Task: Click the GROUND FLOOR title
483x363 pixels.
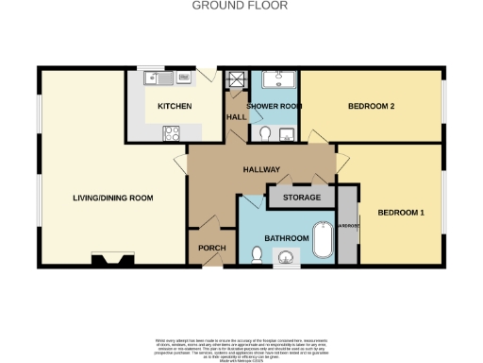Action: pos(241,6)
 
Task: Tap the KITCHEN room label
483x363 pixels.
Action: pos(175,107)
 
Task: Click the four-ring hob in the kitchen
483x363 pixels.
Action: pos(174,134)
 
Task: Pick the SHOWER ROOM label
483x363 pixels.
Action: pos(275,107)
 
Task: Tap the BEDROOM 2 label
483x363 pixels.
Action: pos(370,106)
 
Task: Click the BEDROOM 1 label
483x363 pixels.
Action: pos(401,213)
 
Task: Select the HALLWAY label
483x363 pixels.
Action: pos(262,170)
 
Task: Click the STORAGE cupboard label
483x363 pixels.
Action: pos(302,198)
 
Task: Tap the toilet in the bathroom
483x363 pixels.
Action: pos(257,253)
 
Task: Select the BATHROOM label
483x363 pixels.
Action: pos(286,238)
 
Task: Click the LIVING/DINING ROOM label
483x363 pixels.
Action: pos(113,199)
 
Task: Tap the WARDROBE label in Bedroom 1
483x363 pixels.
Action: pos(347,227)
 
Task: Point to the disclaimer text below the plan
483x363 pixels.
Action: pos(241,345)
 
